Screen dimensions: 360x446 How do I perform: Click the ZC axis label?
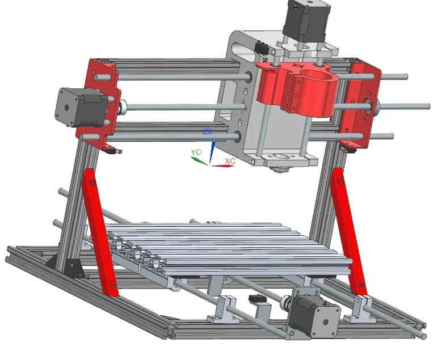208,132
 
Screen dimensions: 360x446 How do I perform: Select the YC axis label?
196,152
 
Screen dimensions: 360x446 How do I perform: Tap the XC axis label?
230,161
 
